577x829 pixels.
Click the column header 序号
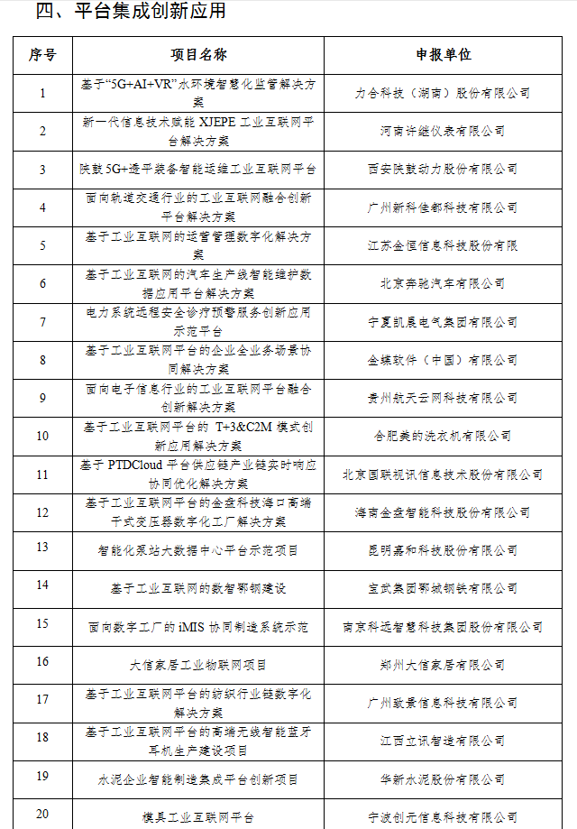coord(42,54)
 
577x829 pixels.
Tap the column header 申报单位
coord(443,54)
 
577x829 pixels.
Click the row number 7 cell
coord(42,321)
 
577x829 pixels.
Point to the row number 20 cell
coord(42,814)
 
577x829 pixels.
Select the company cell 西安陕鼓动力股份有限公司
coord(443,169)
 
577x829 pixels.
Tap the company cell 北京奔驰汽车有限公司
coord(443,283)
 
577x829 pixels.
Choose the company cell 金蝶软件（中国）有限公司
coord(443,360)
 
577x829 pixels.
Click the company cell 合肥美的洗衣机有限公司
coord(443,436)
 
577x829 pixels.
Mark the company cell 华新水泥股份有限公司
coord(443,778)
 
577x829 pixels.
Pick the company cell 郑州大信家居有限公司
coord(443,665)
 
